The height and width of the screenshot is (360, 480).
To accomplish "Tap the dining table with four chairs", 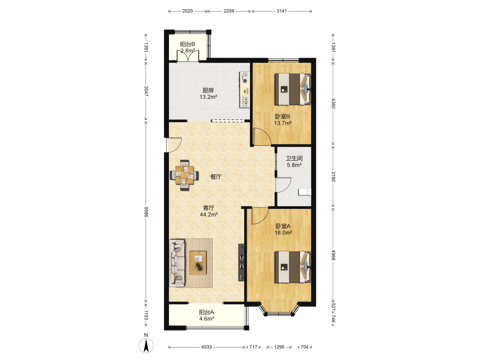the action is pyautogui.click(x=185, y=175).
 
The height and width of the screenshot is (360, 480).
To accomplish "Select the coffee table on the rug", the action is pyautogui.click(x=198, y=263).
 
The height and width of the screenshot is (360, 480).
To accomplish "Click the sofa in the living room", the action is pyautogui.click(x=177, y=263).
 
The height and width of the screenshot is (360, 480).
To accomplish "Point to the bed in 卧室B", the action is pyautogui.click(x=292, y=89).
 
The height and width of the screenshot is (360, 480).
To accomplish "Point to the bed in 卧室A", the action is pyautogui.click(x=292, y=267).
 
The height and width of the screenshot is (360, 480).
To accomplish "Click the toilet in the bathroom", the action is pyautogui.click(x=305, y=192).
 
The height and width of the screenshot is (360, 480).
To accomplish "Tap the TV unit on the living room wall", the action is pyautogui.click(x=241, y=263).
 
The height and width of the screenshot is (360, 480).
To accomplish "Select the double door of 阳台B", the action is pyautogui.click(x=188, y=55).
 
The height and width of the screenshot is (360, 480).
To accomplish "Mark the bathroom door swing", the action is pyautogui.click(x=283, y=185).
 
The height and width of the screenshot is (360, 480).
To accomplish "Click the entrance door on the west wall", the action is pyautogui.click(x=174, y=144).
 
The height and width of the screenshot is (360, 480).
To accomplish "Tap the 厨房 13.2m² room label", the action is pyautogui.click(x=208, y=94).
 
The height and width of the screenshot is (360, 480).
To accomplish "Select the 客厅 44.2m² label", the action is pyautogui.click(x=209, y=211).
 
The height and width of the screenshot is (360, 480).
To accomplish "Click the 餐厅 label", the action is pyautogui.click(x=216, y=177).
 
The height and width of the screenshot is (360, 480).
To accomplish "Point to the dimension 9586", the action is pyautogui.click(x=146, y=212).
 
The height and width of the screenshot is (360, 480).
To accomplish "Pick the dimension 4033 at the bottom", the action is pyautogui.click(x=206, y=347).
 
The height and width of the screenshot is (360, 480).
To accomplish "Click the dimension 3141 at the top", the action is pyautogui.click(x=282, y=11).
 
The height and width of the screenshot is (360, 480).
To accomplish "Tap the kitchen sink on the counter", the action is pyautogui.click(x=245, y=102).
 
